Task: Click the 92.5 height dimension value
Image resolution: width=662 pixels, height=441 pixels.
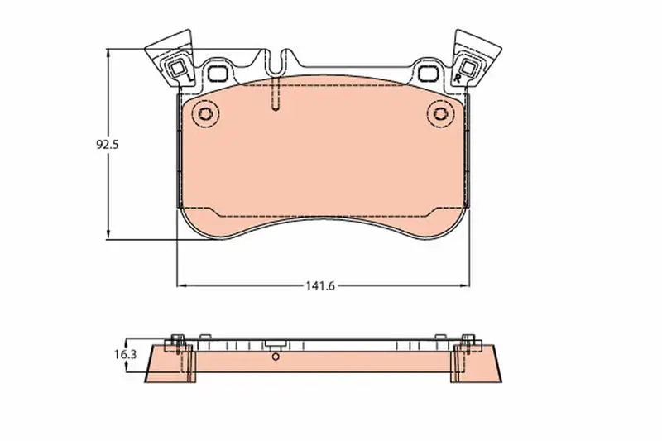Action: [108, 145]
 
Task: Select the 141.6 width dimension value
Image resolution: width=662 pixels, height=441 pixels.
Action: [320, 286]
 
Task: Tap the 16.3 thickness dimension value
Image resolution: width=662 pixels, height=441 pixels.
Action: [126, 354]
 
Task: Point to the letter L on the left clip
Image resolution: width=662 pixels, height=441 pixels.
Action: [189, 78]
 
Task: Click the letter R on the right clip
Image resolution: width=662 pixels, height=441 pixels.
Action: [458, 78]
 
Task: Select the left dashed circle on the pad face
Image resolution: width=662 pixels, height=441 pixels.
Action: [205, 114]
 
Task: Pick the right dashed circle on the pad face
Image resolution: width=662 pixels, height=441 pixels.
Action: [441, 114]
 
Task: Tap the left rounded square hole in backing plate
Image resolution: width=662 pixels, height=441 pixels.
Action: [218, 74]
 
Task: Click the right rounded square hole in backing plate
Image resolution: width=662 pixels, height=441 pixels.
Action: [428, 74]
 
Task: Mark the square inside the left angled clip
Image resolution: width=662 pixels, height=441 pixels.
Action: [177, 68]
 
